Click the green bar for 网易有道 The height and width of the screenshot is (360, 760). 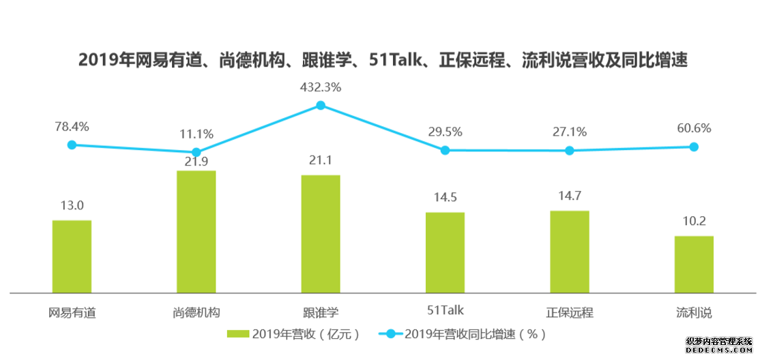[x=72, y=256]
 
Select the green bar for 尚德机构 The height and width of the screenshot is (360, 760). [x=196, y=232]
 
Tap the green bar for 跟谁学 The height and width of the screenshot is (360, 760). [x=321, y=234]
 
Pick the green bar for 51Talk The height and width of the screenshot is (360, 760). [x=445, y=252]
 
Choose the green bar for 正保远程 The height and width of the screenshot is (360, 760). [x=570, y=252]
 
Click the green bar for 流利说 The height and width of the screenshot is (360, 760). [x=694, y=265]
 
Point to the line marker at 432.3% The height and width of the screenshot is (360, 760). [x=321, y=105]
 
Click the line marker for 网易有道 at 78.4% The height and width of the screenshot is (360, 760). [x=72, y=145]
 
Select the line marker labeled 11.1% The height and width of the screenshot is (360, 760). [x=196, y=152]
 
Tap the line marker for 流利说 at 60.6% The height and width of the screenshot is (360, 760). [x=694, y=147]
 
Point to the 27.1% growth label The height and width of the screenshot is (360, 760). [x=570, y=132]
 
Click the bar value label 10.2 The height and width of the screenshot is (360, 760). [x=694, y=221]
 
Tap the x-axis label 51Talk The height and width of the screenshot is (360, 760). [x=445, y=312]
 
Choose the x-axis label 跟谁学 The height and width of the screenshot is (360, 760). [x=321, y=312]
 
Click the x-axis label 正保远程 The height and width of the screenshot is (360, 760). [x=570, y=312]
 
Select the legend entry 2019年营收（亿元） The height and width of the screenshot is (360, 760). [x=294, y=334]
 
